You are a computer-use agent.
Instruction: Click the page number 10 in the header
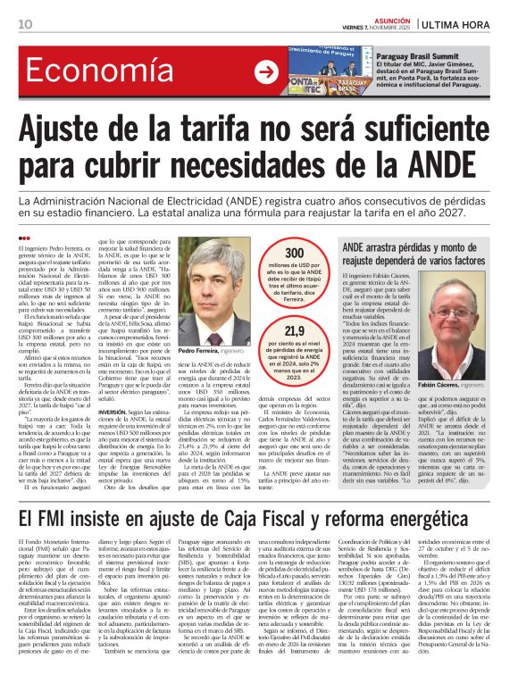[24, 24]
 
